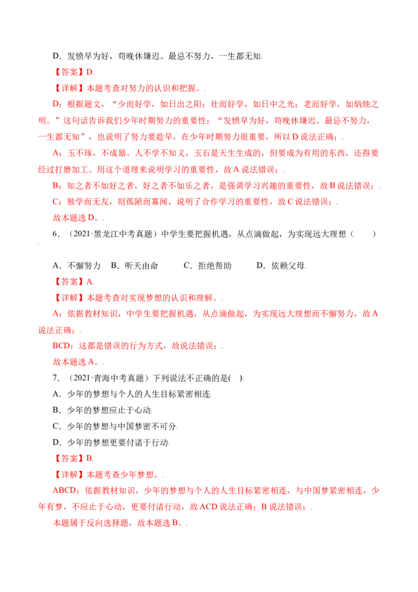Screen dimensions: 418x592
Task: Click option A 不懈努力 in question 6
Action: tap(77, 266)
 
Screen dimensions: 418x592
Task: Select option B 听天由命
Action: tap(134, 266)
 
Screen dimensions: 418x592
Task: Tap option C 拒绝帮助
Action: tap(207, 266)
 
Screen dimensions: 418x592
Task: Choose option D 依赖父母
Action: tap(281, 266)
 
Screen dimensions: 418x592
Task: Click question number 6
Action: tap(56, 234)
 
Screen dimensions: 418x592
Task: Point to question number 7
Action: tap(56, 378)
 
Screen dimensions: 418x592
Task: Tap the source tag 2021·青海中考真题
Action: tap(109, 378)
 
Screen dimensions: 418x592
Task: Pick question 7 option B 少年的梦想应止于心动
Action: tap(102, 410)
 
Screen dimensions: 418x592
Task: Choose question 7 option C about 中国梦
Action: tap(114, 426)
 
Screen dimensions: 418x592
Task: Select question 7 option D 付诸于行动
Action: tap(111, 442)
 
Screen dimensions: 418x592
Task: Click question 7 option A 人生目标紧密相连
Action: tap(132, 394)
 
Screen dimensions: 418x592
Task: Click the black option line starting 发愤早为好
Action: tap(157, 56)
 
